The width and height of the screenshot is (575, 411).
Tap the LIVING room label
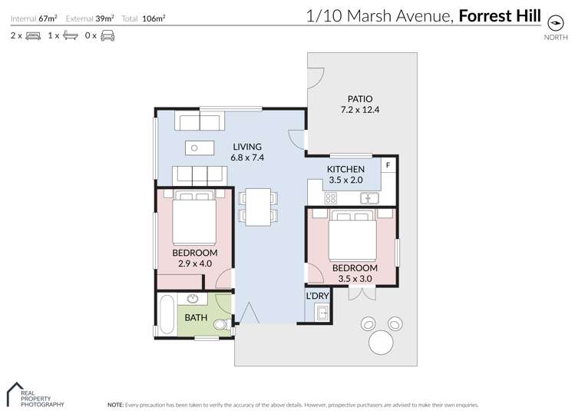point(246,147)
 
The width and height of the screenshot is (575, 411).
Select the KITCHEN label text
point(345,169)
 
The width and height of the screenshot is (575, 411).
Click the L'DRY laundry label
point(318,297)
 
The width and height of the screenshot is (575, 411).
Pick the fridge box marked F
point(388,165)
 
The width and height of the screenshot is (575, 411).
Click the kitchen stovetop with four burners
point(331,197)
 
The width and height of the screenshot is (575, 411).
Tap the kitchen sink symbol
point(370,197)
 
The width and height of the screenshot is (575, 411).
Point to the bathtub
point(166,315)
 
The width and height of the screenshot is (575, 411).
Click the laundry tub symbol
point(322,313)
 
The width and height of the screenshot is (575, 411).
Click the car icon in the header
point(108,35)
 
